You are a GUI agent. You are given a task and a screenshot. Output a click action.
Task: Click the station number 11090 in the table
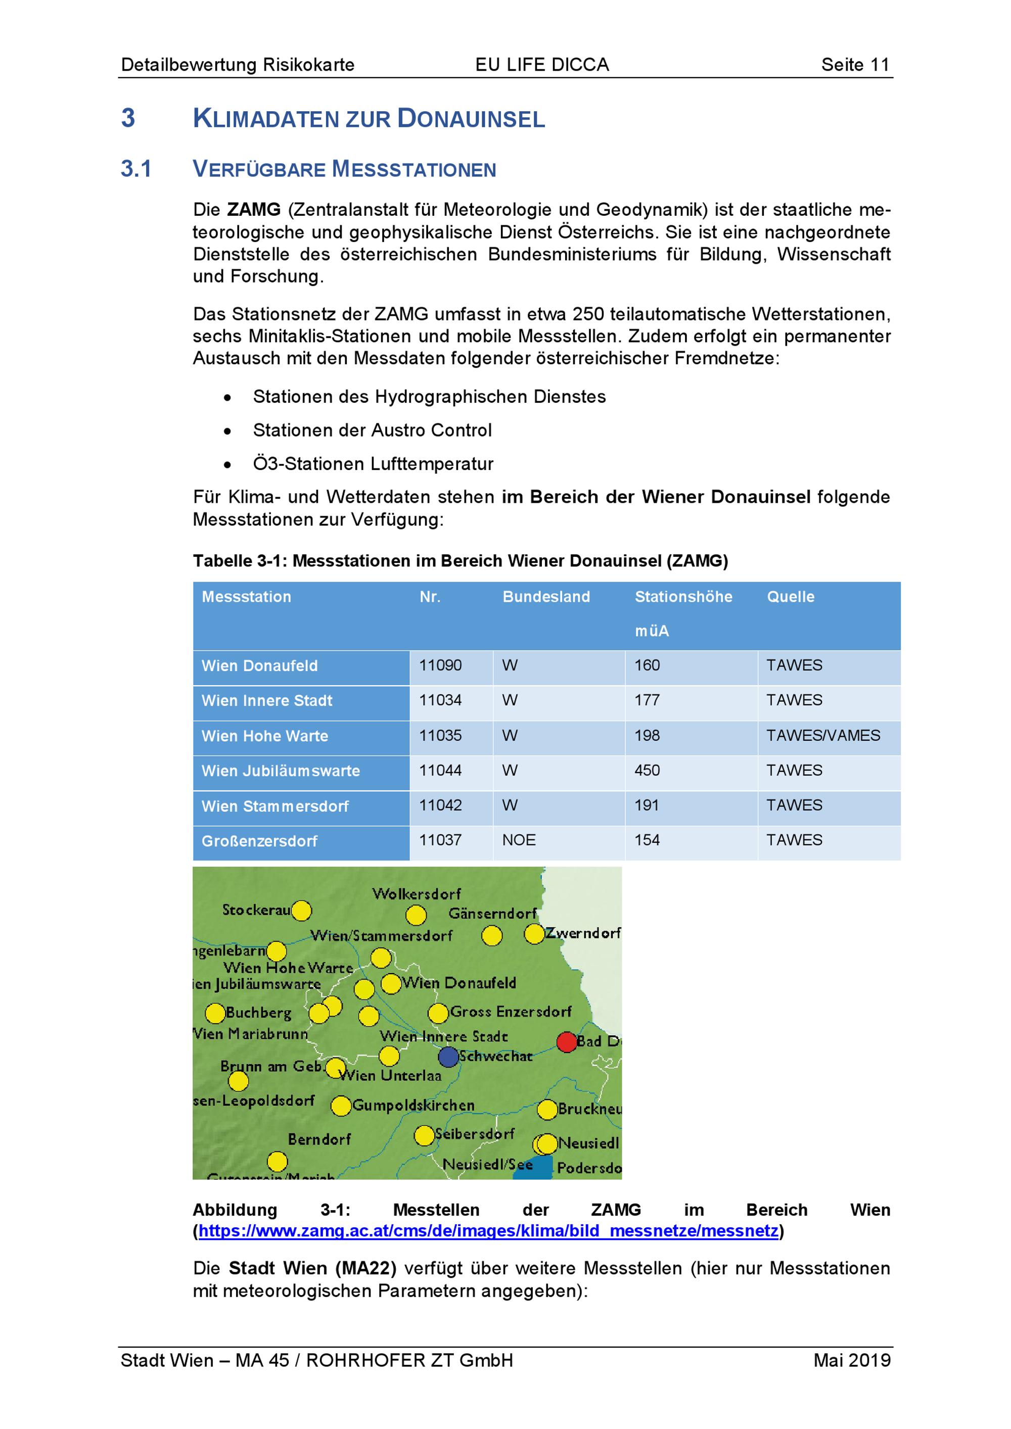[440, 665]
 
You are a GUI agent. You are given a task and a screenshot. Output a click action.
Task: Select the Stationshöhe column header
[683, 597]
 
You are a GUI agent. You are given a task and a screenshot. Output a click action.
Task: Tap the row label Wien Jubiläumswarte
[280, 771]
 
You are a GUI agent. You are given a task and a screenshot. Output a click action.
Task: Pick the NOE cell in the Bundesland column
[519, 840]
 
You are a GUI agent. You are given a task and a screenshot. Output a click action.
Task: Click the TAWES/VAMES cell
[822, 736]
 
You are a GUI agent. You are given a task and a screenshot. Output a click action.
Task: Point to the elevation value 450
[647, 771]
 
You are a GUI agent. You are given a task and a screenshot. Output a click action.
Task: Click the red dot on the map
[567, 1042]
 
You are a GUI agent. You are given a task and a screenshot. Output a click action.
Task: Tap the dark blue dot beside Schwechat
[448, 1056]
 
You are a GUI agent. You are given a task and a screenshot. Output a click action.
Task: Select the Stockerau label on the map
[256, 910]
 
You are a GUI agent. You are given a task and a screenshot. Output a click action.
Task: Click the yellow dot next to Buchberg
[215, 1013]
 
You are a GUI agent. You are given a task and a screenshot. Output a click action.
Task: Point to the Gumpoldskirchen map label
[413, 1106]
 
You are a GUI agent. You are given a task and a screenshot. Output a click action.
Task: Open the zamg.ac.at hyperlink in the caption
[488, 1231]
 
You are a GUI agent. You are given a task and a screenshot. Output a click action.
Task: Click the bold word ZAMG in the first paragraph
[253, 210]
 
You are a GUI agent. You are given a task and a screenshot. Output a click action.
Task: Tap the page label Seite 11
[855, 65]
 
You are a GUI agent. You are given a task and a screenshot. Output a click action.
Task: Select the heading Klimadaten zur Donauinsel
[369, 118]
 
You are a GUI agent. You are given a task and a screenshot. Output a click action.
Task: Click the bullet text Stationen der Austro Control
[372, 430]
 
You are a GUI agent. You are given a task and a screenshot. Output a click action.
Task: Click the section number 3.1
[136, 169]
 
